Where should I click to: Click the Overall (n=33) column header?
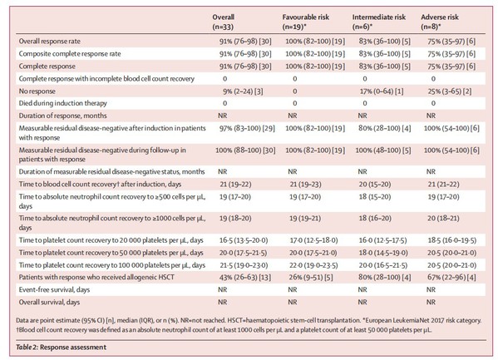point(224,22)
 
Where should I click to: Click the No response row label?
point(37,91)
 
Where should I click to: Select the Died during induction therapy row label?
point(63,103)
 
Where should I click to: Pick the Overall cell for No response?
point(243,91)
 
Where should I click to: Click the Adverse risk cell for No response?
point(450,91)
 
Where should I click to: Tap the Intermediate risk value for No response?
point(382,91)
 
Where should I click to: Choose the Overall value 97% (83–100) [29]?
point(247,128)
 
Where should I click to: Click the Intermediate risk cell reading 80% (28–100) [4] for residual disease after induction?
point(385,128)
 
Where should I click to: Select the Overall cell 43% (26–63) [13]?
point(245,278)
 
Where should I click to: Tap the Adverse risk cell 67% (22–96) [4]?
point(451,278)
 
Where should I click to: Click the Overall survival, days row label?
point(49,302)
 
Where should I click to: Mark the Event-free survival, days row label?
point(54,290)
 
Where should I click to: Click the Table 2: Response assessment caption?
point(62,347)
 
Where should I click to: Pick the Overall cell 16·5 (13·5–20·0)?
point(244,240)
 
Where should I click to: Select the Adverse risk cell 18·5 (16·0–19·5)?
point(452,240)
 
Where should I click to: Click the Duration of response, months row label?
point(63,116)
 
